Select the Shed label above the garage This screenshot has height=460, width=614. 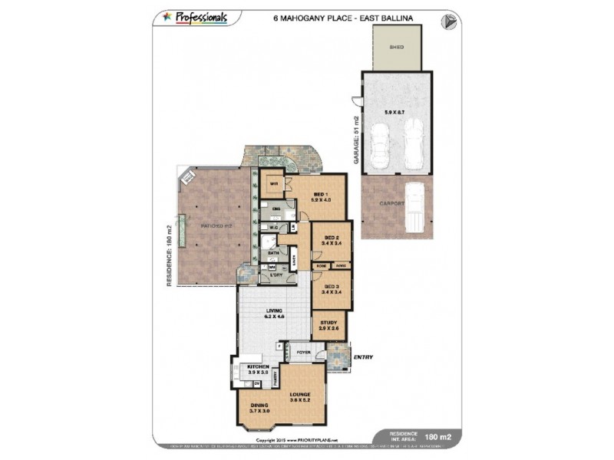point(397,48)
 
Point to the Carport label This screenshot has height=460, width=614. point(391,205)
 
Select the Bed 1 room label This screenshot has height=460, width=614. point(320,196)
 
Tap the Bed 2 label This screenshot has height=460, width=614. point(332,240)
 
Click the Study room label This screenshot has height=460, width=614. point(329,325)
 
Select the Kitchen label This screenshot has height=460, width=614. point(258,369)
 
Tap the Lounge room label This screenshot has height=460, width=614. point(300,396)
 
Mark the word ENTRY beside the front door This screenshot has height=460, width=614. point(363,355)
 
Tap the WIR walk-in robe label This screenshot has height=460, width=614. point(272,184)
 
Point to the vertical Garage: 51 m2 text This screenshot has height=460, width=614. point(356,138)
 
